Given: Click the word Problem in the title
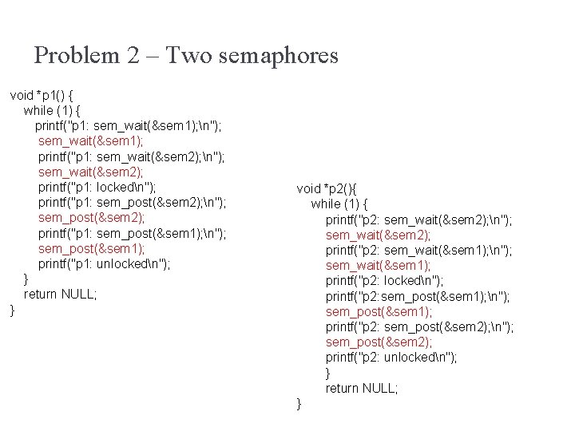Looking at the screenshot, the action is click(77, 56).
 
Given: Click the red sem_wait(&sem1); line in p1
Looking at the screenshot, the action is click(91, 140).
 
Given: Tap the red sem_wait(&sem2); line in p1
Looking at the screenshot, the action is click(91, 172).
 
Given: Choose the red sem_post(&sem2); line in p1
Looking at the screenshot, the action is click(91, 217).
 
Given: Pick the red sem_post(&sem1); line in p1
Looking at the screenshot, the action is click(91, 248).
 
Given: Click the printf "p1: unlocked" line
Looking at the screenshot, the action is click(104, 263).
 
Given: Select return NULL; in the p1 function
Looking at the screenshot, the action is click(61, 294).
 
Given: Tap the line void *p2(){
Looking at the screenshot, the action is click(331, 188).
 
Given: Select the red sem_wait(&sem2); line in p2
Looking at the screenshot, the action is click(379, 235).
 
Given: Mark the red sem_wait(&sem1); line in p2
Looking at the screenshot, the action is click(379, 265).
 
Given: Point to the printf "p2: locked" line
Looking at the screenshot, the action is click(385, 281).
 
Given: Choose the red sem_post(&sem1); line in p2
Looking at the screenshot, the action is click(379, 311).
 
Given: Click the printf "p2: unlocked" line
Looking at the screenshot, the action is click(391, 358).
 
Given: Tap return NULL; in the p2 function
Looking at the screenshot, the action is click(362, 388).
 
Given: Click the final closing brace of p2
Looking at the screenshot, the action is click(299, 404).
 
